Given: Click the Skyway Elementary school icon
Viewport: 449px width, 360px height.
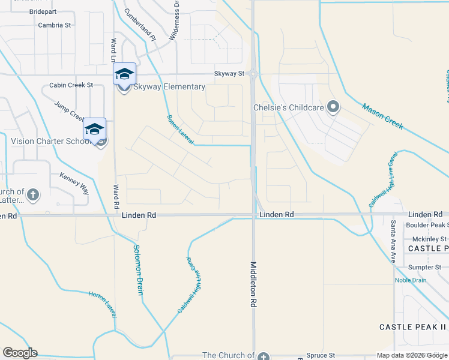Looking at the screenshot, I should click(124, 74).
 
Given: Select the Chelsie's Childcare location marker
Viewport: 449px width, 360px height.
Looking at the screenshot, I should click(334, 108).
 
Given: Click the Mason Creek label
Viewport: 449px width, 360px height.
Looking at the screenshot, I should click(382, 116).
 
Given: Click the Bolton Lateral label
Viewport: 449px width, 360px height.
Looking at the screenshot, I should click(179, 129).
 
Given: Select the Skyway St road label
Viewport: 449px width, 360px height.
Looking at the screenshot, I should click(230, 74).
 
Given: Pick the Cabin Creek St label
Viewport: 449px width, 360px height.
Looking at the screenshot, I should click(71, 85).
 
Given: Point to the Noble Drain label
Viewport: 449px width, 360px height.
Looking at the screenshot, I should click(410, 280).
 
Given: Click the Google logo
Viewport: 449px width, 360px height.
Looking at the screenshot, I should click(20, 353).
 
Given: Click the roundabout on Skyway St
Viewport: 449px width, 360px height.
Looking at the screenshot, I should click(253, 74).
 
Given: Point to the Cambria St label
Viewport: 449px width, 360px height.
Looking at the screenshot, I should click(54, 25).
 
